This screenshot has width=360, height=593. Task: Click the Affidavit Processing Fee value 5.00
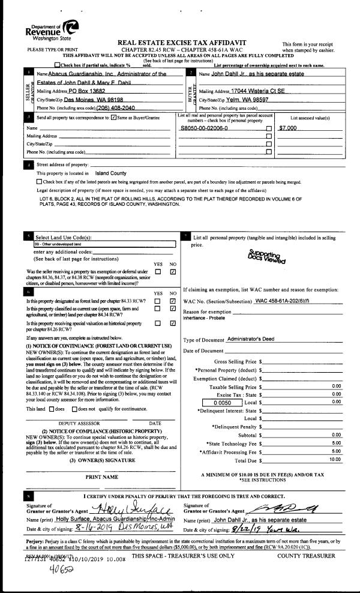coord(336,451)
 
